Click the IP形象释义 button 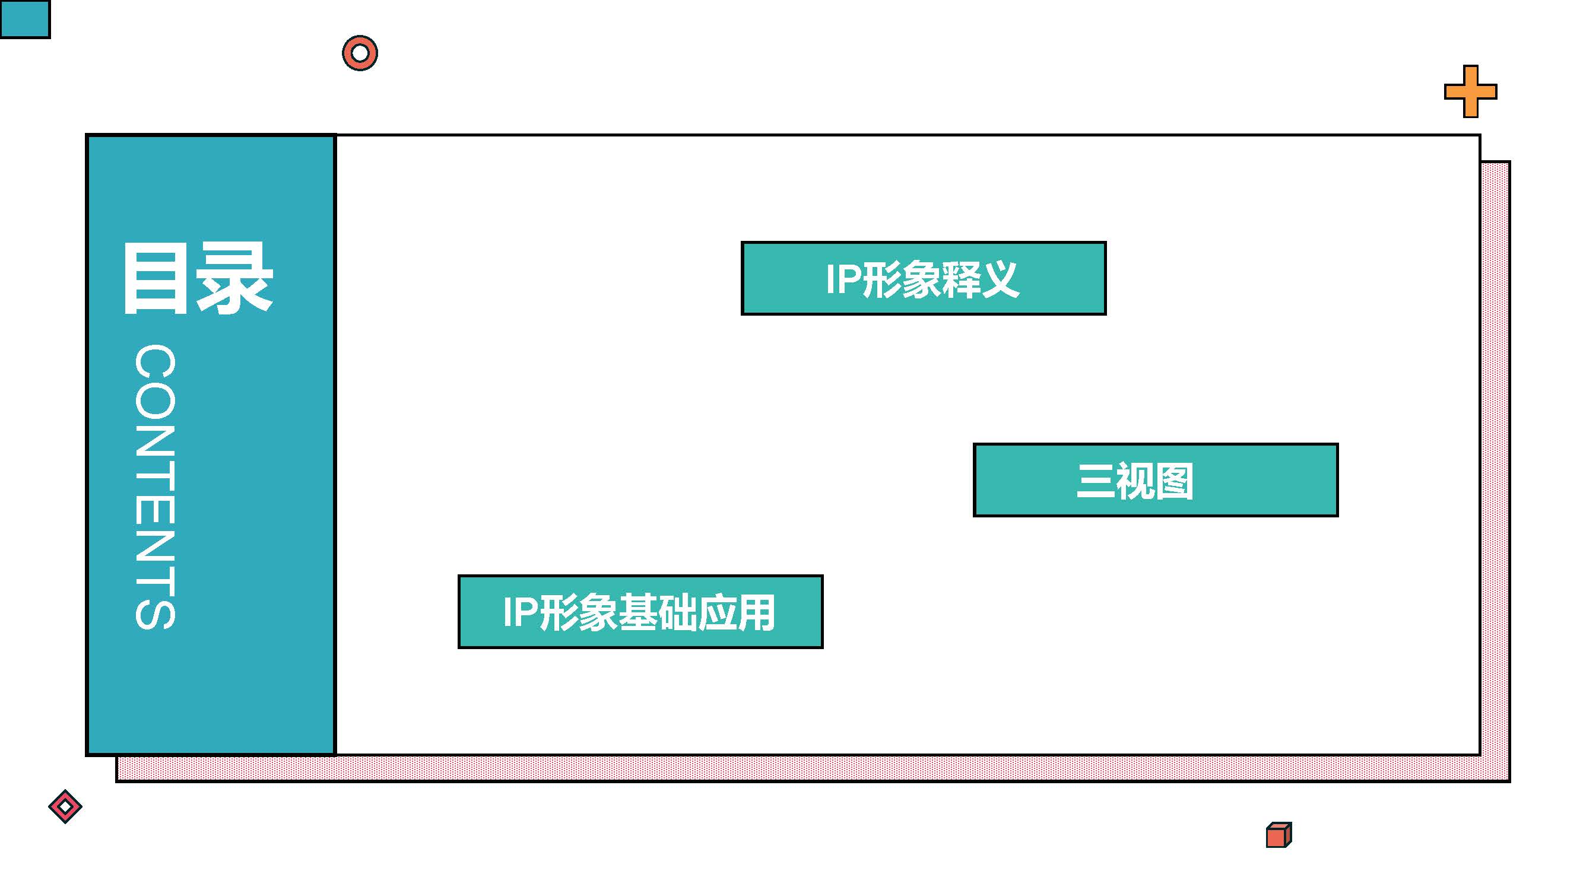point(923,278)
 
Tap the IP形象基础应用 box point(640,612)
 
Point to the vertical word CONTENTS point(156,487)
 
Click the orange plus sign point(1471,91)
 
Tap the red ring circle point(360,53)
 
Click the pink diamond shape point(65,806)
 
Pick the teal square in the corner point(24,19)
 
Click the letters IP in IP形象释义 point(842,279)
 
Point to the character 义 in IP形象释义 point(1000,279)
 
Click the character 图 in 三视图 point(1173,481)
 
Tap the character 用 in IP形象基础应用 point(756,612)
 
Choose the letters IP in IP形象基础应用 point(520,612)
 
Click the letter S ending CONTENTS point(156,609)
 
